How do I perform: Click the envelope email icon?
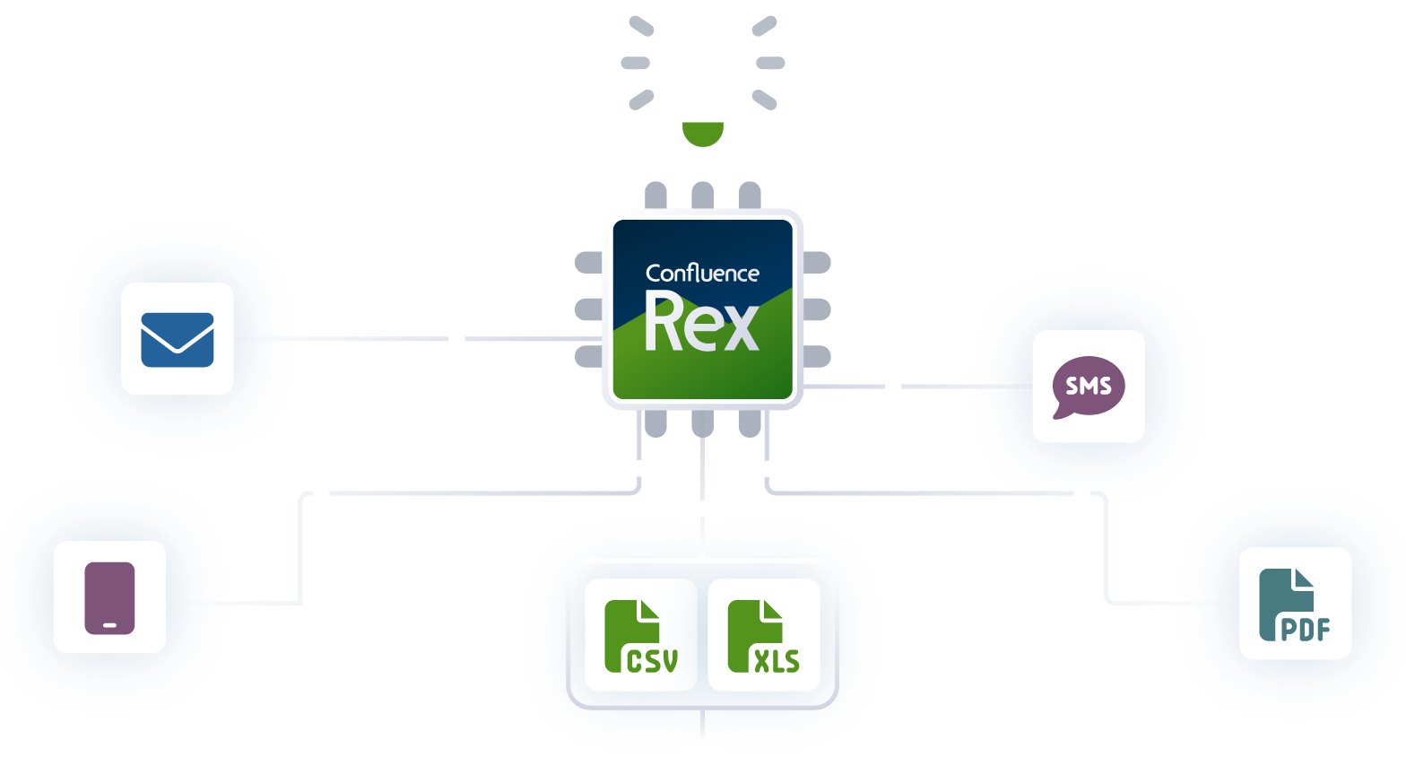178,339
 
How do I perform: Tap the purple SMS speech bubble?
1088,387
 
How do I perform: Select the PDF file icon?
1295,605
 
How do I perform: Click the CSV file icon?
641,635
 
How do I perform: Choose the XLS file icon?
764,635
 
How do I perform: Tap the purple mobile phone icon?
109,598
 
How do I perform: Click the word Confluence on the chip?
702,274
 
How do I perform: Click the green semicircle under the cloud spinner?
703,133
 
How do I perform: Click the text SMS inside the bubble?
1089,386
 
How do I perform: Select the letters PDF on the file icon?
1305,630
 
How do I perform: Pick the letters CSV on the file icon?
652,661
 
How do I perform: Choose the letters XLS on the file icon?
776,661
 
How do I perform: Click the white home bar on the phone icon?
109,624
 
